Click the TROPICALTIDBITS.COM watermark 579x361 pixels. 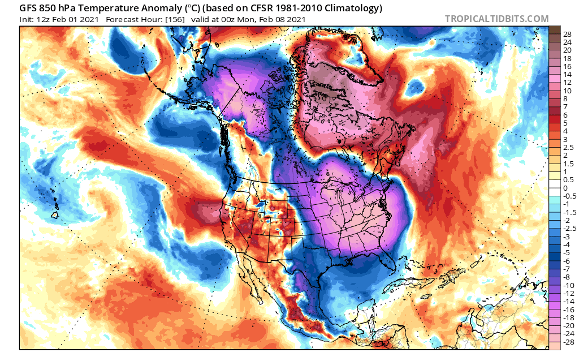pyautogui.click(x=496, y=19)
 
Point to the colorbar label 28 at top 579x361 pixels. pyautogui.click(x=567, y=35)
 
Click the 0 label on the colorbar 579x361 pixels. pyautogui.click(x=565, y=188)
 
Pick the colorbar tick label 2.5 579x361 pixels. pyautogui.click(x=568, y=147)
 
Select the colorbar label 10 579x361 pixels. pyautogui.click(x=567, y=91)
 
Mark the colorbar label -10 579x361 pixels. pyautogui.click(x=569, y=285)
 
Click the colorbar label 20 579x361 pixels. pyautogui.click(x=567, y=50)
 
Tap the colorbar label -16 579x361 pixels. pyautogui.click(x=569, y=309)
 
